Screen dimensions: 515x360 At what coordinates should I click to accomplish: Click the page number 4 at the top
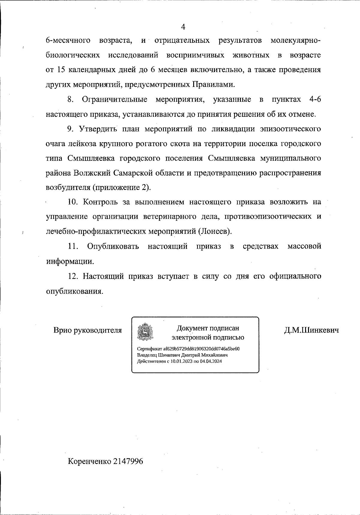[183, 27]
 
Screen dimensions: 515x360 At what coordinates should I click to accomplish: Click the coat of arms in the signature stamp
[145, 332]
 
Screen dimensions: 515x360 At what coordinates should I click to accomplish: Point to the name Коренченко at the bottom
[89, 461]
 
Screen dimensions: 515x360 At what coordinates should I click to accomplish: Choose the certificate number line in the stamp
[188, 349]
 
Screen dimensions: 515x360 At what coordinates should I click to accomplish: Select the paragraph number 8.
[71, 99]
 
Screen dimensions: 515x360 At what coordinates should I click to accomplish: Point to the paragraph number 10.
[73, 202]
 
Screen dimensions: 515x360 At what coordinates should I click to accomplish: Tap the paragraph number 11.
[73, 246]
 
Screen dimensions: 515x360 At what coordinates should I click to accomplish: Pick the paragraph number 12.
[73, 276]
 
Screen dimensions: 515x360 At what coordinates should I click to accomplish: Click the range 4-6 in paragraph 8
[315, 99]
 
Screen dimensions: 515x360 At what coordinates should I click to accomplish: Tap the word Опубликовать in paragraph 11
[113, 246]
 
